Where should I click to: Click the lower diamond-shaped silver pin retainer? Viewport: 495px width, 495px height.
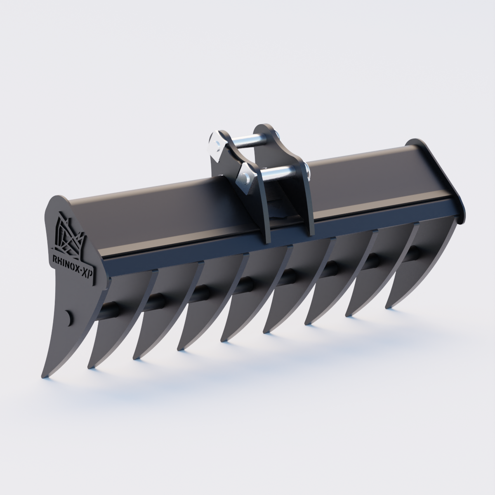pyautogui.click(x=246, y=178)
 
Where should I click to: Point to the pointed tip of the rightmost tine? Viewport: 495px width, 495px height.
pyautogui.click(x=388, y=307)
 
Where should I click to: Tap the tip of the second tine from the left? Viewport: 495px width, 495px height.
pyautogui.click(x=90, y=367)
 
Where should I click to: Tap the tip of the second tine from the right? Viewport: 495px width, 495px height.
pyautogui.click(x=349, y=314)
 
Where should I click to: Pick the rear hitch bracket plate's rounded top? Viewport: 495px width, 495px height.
pyautogui.click(x=264, y=128)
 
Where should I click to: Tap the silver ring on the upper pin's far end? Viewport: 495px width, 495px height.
pyautogui.click(x=278, y=136)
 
